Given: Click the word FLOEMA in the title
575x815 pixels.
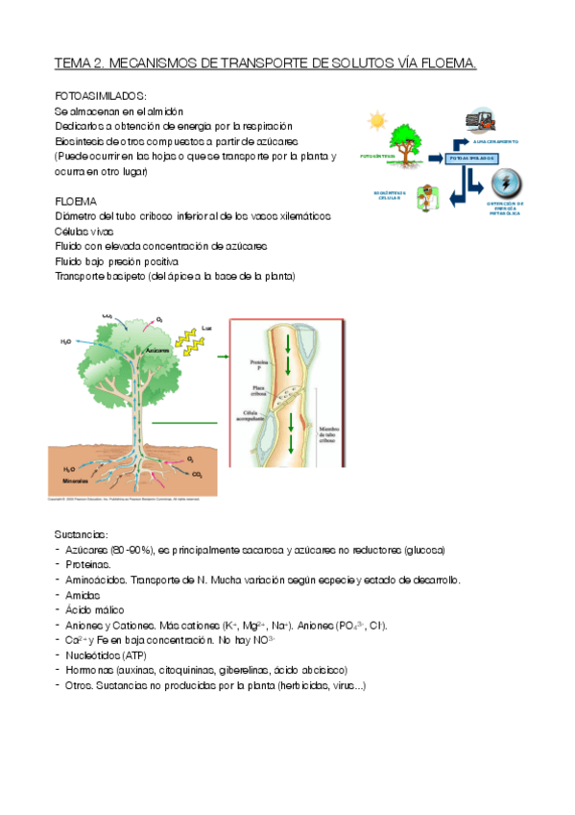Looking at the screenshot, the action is tap(449, 63).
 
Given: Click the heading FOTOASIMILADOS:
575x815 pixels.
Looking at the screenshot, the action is tap(101, 97).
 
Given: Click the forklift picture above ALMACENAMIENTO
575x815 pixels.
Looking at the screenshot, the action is tap(482, 121).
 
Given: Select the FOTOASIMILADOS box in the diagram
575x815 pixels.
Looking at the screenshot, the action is tap(470, 157).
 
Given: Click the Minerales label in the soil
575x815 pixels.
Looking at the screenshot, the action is tap(76, 478).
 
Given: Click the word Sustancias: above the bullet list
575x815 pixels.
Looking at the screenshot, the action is tap(83, 534).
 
